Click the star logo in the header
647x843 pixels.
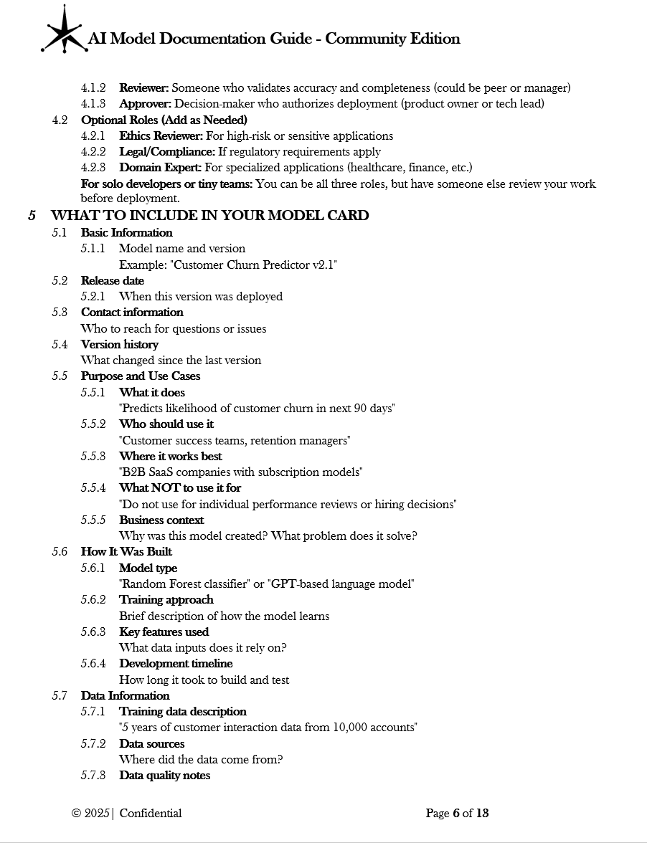[x=63, y=30]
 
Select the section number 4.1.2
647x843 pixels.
[x=93, y=88]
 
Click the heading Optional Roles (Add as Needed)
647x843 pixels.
[x=164, y=120]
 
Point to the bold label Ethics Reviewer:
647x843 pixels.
[x=161, y=135]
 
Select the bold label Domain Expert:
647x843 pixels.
[x=160, y=168]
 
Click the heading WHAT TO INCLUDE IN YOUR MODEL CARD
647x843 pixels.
[x=209, y=215]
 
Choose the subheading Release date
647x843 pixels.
[x=112, y=280]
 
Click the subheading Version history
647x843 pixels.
[x=119, y=344]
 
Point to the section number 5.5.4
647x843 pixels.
[x=93, y=488]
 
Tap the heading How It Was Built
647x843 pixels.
[x=126, y=552]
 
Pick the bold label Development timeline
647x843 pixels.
[x=176, y=664]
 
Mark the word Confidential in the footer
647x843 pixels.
[x=151, y=813]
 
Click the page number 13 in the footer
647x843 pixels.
[x=482, y=813]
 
